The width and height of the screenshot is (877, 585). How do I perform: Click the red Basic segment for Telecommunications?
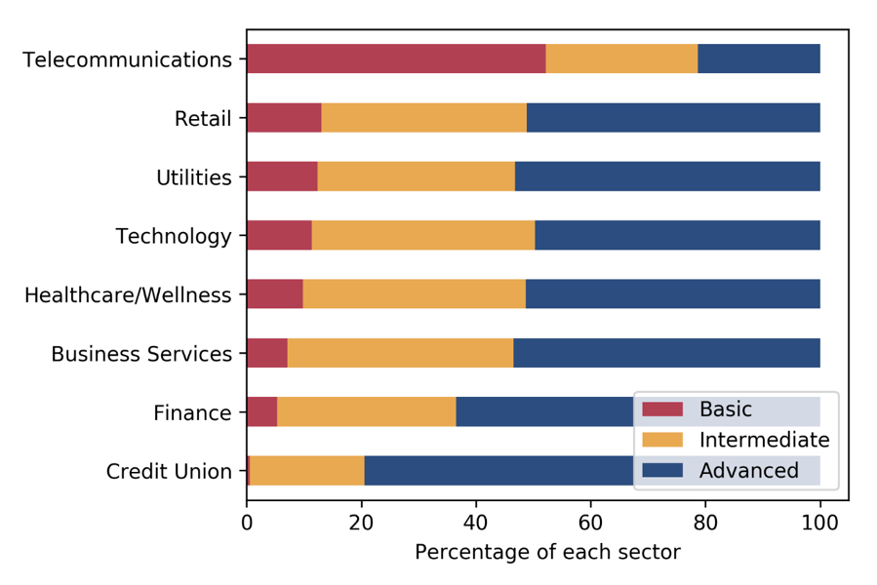[x=395, y=58]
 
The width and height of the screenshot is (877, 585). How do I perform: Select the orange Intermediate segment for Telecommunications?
[x=621, y=58]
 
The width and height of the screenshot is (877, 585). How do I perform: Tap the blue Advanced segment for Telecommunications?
[x=758, y=58]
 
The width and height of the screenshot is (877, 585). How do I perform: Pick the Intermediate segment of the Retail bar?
[x=423, y=118]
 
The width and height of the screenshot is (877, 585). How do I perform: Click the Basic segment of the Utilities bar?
[x=281, y=176]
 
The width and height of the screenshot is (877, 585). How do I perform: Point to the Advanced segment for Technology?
[x=677, y=235]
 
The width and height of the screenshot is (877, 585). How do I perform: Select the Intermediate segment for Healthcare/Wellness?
[x=414, y=294]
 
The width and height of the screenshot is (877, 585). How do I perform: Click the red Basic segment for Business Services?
[x=266, y=353]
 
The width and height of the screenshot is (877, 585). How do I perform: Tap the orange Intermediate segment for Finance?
[x=366, y=411]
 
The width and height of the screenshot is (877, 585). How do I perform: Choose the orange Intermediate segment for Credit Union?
[x=306, y=471]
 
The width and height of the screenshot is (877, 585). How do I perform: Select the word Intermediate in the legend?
[x=764, y=441]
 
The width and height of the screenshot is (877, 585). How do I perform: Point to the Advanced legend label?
[x=748, y=471]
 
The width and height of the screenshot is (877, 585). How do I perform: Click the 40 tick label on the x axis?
[x=475, y=521]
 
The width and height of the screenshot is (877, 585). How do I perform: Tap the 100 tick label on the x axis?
[x=819, y=521]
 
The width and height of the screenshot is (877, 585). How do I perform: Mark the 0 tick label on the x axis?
[x=247, y=521]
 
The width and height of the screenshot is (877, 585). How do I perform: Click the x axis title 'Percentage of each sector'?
[x=546, y=553]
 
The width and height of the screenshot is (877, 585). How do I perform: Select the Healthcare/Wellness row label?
[x=128, y=294]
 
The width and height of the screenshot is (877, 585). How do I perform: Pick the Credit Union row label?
[x=169, y=472]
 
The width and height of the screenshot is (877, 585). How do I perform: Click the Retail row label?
[x=203, y=119]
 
